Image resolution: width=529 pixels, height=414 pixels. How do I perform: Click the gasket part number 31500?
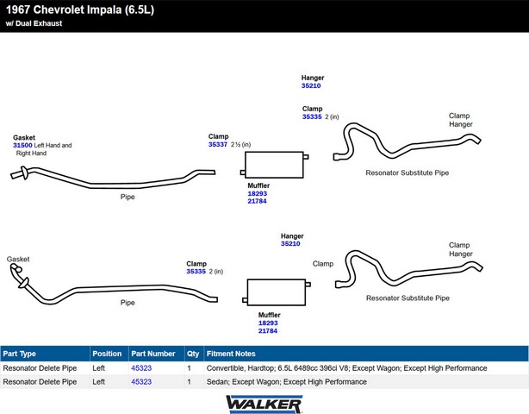click(x=22, y=145)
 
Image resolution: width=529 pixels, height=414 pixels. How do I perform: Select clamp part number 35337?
click(x=218, y=145)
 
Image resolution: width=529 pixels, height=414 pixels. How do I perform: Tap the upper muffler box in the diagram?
click(x=274, y=165)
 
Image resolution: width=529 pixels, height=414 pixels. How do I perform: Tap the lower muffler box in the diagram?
click(x=277, y=292)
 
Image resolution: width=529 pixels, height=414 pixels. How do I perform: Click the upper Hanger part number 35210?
click(x=311, y=85)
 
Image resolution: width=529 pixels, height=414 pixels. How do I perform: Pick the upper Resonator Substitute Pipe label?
click(x=408, y=172)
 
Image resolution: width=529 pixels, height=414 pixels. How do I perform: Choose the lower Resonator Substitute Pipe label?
click(x=408, y=298)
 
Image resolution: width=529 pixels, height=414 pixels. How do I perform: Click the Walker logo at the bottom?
click(x=264, y=405)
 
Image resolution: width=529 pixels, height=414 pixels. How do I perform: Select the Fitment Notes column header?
click(x=231, y=354)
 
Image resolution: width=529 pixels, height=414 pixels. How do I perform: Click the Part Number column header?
click(x=153, y=354)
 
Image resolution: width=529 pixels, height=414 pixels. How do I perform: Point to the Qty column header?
click(x=193, y=354)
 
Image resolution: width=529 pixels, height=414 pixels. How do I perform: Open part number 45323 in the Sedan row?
click(x=141, y=382)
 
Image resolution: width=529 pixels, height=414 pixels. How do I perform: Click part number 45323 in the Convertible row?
click(x=141, y=368)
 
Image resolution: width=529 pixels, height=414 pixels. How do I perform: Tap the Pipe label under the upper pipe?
click(x=128, y=197)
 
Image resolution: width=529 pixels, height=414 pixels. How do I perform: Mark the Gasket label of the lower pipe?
click(x=18, y=259)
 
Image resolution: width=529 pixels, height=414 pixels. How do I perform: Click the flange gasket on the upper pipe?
click(x=24, y=172)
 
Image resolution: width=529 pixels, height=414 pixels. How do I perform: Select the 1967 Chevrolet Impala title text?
click(x=80, y=9)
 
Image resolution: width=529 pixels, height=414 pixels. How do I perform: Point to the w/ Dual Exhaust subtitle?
click(x=34, y=23)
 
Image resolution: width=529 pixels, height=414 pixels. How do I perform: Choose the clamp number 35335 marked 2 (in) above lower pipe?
click(x=196, y=272)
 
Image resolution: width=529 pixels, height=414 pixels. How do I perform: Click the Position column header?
click(x=107, y=354)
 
